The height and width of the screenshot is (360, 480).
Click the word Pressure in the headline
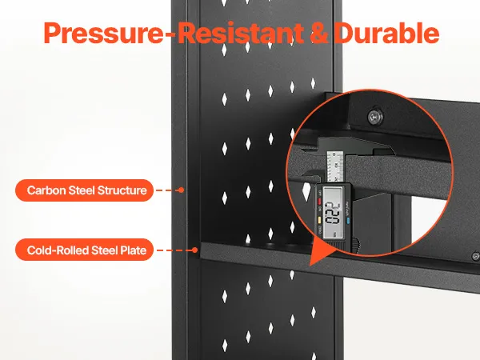pyautogui.click(x=103, y=34)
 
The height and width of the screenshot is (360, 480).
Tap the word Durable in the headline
pyautogui.click(x=386, y=33)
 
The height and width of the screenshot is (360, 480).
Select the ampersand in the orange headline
pyautogui.click(x=318, y=33)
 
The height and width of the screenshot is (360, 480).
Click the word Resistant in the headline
pyautogui.click(x=241, y=33)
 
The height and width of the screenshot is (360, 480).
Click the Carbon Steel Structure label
pyautogui.click(x=84, y=190)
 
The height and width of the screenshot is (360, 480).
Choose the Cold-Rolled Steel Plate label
pyautogui.click(x=84, y=250)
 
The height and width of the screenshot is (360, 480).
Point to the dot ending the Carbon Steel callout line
pyautogui.click(x=182, y=190)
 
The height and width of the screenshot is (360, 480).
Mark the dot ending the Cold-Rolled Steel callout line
pyautogui.click(x=194, y=250)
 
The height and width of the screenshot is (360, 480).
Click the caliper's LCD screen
pyautogui.click(x=332, y=213)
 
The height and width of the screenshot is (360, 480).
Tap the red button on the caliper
pyautogui.click(x=319, y=202)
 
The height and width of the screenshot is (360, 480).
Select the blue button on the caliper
pyautogui.click(x=348, y=220)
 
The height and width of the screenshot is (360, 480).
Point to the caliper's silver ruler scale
pyautogui.click(x=335, y=167)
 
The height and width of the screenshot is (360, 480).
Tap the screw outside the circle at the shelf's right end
pyautogui.click(x=475, y=256)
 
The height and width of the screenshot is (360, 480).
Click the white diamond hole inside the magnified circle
pyautogui.click(x=306, y=191)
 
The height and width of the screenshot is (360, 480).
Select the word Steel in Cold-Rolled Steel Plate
pyautogui.click(x=104, y=250)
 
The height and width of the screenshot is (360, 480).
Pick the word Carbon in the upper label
pyautogui.click(x=46, y=190)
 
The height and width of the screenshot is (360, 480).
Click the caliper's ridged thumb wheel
pyautogui.click(x=356, y=245)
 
